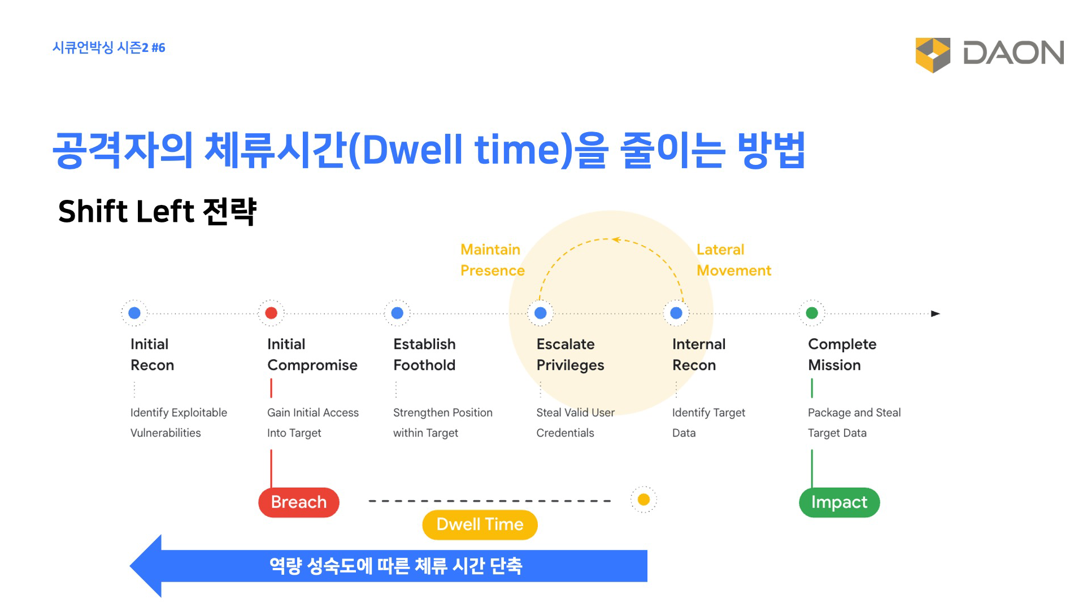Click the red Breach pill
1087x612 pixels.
click(x=299, y=502)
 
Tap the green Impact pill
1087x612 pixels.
click(x=840, y=502)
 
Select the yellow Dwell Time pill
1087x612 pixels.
click(x=480, y=524)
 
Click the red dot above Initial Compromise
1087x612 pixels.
click(x=271, y=313)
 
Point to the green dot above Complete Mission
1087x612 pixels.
click(x=812, y=313)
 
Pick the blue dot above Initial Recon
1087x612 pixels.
click(x=134, y=313)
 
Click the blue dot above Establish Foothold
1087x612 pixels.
click(x=397, y=313)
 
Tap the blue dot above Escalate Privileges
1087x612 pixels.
click(x=541, y=313)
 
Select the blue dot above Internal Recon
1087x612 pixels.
click(x=676, y=313)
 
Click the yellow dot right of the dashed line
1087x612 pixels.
click(x=643, y=500)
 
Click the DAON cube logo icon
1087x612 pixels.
click(x=933, y=55)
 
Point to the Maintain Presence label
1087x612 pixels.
click(x=493, y=260)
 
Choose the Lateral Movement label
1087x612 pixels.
click(x=734, y=260)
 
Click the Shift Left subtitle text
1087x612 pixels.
click(x=157, y=212)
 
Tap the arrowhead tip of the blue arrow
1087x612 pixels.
click(x=131, y=566)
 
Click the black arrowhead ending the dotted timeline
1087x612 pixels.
click(x=936, y=313)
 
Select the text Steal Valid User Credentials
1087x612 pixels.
click(x=575, y=423)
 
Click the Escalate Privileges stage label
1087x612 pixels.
click(x=570, y=355)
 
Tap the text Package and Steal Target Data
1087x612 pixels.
click(x=854, y=423)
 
